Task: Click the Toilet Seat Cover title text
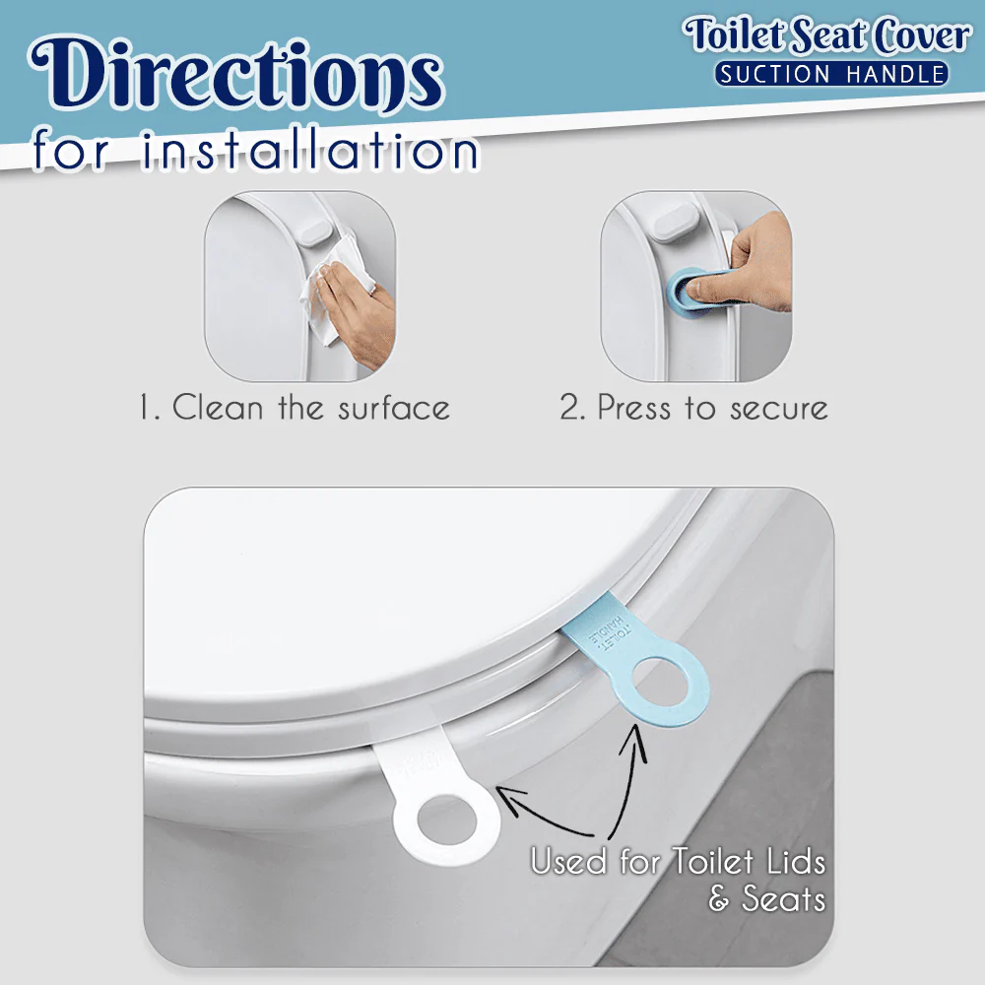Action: (x=828, y=35)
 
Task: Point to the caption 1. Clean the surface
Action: (x=295, y=408)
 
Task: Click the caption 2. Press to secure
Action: (x=693, y=408)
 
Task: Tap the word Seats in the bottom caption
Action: (x=783, y=898)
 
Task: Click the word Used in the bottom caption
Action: (x=568, y=862)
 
